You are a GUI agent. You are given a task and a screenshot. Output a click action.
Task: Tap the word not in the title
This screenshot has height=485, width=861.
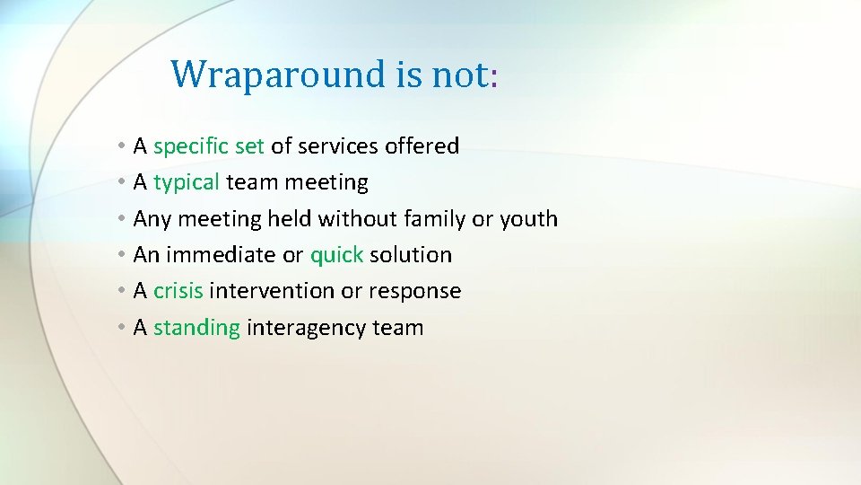[460, 74]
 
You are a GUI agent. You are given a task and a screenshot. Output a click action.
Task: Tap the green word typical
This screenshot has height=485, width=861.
[187, 183]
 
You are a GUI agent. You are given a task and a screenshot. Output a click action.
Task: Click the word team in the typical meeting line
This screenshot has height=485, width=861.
[252, 183]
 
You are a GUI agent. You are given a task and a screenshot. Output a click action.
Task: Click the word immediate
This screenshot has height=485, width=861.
[220, 255]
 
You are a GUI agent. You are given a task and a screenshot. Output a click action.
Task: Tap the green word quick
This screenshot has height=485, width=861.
[336, 255]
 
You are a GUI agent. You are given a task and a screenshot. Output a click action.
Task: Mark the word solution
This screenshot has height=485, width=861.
[411, 255]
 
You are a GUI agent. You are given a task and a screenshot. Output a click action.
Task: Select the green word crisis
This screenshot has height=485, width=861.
[178, 291]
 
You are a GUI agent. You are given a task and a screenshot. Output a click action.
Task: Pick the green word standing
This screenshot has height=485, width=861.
[196, 328]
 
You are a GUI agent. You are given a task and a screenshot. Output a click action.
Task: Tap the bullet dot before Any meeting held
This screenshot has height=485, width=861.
[121, 219]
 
